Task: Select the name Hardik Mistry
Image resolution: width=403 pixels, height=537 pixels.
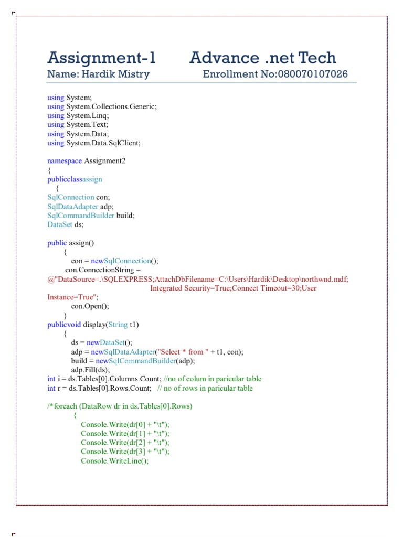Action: tap(114, 74)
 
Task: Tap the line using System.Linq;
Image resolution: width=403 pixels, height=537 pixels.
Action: tap(78, 115)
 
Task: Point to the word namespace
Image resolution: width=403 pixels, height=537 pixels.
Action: tap(65, 160)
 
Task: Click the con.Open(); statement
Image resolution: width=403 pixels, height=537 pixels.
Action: tap(90, 306)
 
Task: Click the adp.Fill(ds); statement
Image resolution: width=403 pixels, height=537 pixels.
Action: tap(91, 370)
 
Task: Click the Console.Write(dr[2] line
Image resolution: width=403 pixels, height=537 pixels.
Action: tap(125, 442)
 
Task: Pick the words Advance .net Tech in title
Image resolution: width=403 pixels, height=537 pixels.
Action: tap(263, 58)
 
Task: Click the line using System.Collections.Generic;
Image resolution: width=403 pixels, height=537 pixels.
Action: tap(102, 106)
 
